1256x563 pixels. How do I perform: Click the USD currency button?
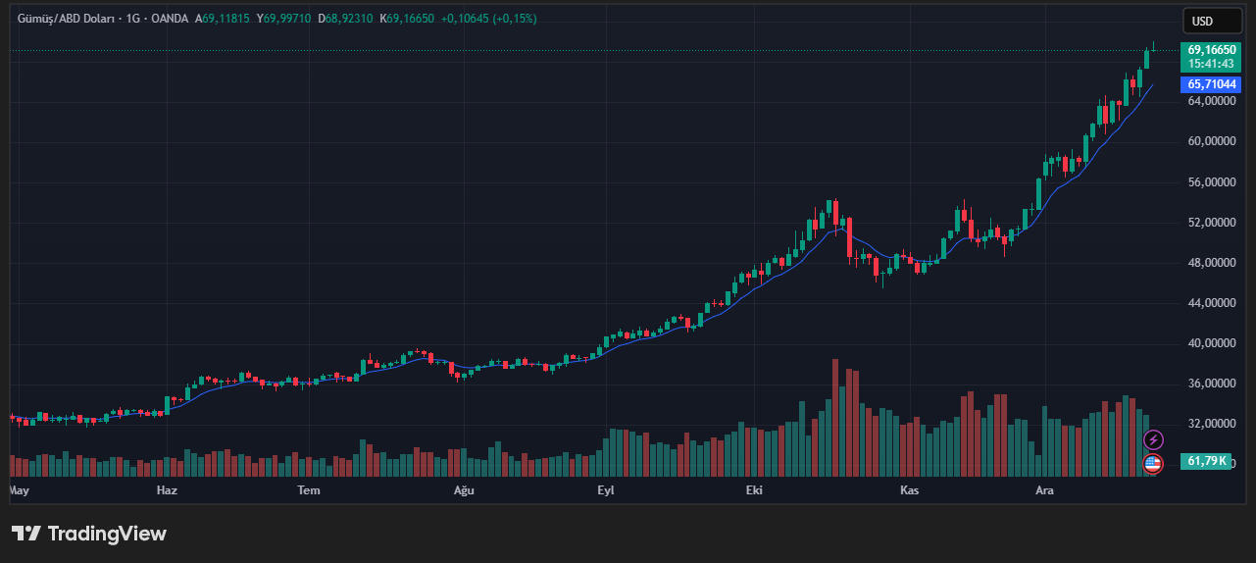click(1202, 21)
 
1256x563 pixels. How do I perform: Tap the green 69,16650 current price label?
click(1210, 49)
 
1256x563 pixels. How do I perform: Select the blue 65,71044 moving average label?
click(1210, 84)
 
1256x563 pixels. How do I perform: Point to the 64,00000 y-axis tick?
click(1211, 101)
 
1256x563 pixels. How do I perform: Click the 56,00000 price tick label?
click(1211, 182)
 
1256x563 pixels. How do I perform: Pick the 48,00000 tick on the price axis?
click(1211, 263)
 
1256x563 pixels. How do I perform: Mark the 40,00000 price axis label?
click(1211, 343)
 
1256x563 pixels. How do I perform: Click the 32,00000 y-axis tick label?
click(1211, 424)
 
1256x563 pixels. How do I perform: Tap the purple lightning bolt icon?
click(1154, 439)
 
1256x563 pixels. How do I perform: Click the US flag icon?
click(1153, 464)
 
